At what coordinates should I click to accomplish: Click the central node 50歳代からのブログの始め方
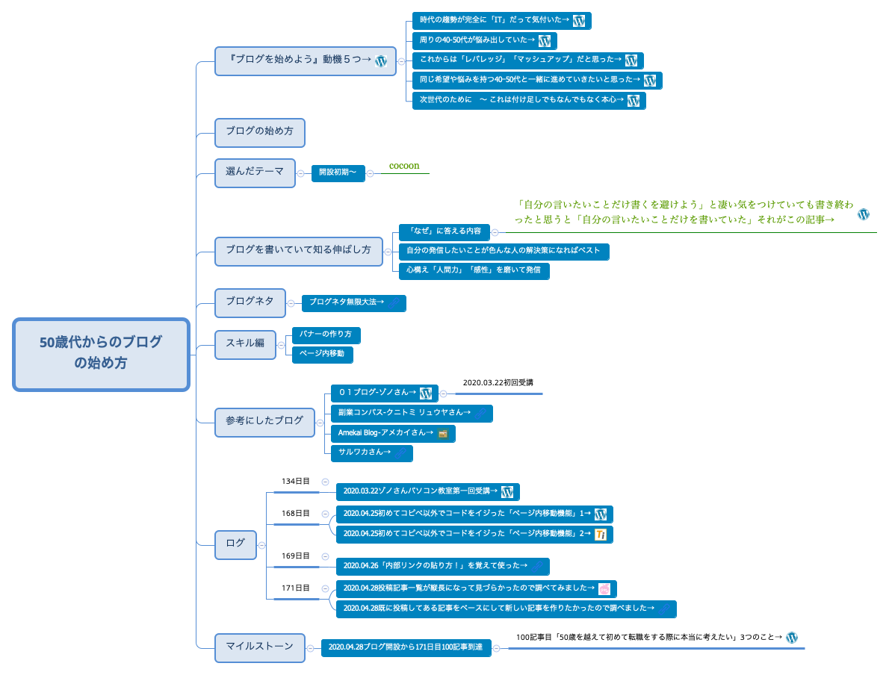[101, 354]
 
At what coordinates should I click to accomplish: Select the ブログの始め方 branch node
[259, 131]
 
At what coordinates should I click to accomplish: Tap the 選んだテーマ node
[255, 172]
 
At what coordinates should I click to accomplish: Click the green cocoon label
[404, 166]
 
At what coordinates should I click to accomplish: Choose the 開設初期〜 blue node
[338, 172]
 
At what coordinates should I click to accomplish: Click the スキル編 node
[245, 343]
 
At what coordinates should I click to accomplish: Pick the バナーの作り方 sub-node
[326, 334]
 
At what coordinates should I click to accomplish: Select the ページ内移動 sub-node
[322, 354]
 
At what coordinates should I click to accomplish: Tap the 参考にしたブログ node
[264, 421]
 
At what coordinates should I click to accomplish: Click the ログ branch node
[235, 544]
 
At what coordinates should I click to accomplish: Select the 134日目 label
[295, 482]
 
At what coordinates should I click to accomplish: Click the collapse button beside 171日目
[325, 588]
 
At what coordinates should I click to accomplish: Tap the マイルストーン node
[259, 647]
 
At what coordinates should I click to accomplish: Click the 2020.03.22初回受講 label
[498, 383]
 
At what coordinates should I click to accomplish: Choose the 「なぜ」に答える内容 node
[444, 231]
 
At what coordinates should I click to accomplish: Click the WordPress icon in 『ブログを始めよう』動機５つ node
[380, 61]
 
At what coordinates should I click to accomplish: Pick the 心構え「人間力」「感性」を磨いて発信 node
[474, 270]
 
